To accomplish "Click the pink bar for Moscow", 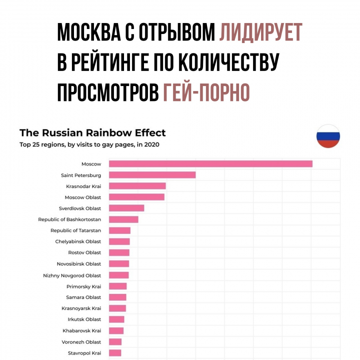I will [x=210, y=164].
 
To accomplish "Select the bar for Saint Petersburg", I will [x=152, y=175].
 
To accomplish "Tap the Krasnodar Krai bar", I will [x=137, y=186].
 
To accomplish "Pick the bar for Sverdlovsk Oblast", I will [x=126, y=208].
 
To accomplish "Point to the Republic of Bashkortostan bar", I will [x=123, y=219].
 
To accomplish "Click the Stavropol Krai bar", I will [x=115, y=353].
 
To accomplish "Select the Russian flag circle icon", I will [x=328, y=136].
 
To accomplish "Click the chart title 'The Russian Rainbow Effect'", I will [x=92, y=133].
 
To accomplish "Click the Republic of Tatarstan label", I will [x=75, y=230].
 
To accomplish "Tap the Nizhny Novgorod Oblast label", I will [x=72, y=275].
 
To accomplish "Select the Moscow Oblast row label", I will [x=82, y=197].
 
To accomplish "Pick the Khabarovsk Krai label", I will [x=81, y=330].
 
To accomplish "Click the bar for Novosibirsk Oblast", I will [x=119, y=263].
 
